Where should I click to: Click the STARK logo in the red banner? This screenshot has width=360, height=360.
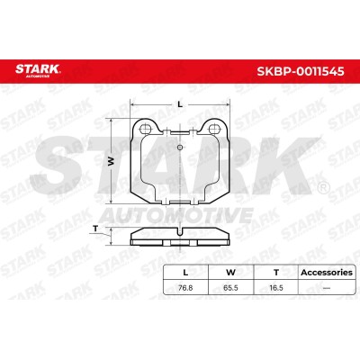38,69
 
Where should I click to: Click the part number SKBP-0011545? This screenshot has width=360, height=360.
301,71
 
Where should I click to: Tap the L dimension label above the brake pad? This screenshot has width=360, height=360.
180,104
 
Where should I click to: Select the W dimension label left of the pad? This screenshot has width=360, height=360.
112,161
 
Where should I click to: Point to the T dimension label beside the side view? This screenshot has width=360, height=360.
95,229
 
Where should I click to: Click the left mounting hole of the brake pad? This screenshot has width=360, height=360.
145,129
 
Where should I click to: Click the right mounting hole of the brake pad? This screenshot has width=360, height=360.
213,129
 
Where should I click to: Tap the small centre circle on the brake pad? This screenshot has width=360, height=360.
179,147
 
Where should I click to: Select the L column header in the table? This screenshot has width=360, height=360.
185,273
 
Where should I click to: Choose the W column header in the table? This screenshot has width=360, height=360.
230,273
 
